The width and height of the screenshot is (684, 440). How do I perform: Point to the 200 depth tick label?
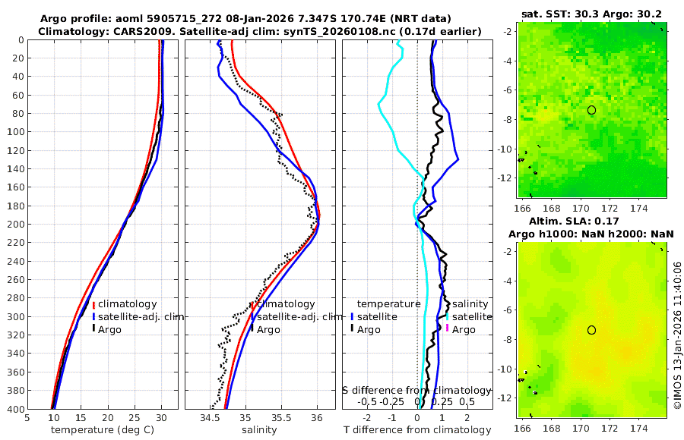(x=14, y=224)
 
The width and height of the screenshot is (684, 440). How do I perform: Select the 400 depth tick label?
(x=14, y=409)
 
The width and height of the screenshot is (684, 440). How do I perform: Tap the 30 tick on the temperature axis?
(x=161, y=417)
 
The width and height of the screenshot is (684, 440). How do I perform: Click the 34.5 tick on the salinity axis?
(x=209, y=417)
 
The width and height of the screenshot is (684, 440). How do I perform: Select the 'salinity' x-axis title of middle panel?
(x=258, y=430)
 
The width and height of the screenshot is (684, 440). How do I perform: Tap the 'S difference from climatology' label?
(x=417, y=390)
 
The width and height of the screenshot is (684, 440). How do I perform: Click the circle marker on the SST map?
(x=591, y=110)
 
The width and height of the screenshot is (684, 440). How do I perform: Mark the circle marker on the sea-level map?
(x=591, y=330)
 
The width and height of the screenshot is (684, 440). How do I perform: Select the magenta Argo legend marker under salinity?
(x=448, y=329)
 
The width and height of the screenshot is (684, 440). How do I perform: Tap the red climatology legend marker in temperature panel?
(x=93, y=305)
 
